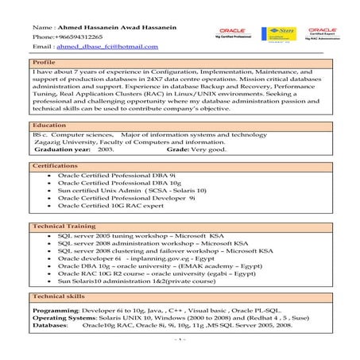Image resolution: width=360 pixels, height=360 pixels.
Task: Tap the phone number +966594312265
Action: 79,38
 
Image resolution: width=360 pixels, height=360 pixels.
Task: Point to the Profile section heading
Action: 44,62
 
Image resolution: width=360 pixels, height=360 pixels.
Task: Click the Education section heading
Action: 49,126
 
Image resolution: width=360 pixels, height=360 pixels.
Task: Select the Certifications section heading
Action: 55,165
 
